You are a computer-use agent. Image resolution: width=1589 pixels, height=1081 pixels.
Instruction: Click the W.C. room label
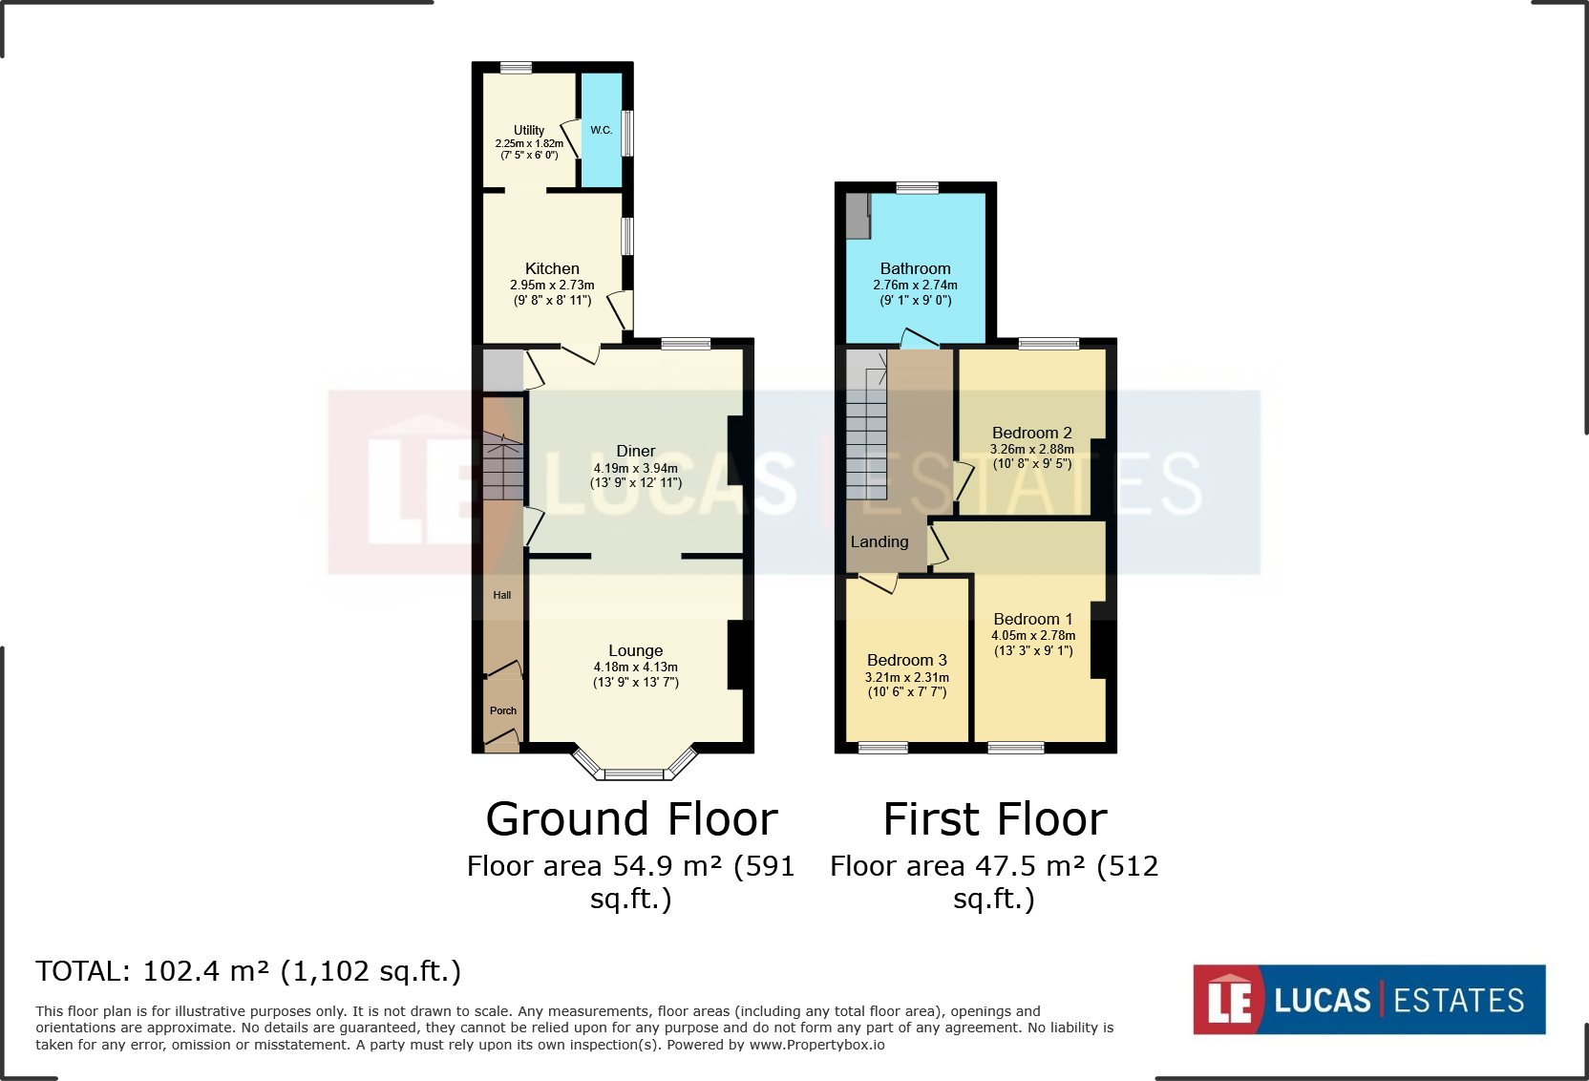click(601, 130)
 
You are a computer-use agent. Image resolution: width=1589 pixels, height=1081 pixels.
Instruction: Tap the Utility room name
click(529, 130)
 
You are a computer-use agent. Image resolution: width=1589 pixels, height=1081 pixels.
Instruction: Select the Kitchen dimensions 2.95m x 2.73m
click(552, 285)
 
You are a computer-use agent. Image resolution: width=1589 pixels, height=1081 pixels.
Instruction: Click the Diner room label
click(636, 451)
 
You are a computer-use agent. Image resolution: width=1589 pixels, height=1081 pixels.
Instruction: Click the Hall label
click(502, 595)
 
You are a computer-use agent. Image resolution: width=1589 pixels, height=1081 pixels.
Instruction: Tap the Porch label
click(503, 710)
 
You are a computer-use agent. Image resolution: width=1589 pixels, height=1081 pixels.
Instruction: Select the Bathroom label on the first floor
click(915, 268)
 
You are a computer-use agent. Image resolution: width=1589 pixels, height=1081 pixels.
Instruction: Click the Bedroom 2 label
click(1031, 433)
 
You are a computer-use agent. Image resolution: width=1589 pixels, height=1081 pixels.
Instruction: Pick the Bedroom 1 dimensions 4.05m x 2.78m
click(1033, 635)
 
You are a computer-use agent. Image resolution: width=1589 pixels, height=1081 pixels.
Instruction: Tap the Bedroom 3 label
click(907, 660)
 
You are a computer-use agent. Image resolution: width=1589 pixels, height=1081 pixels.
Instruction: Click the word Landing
click(879, 541)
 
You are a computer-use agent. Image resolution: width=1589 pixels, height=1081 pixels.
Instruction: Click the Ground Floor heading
click(631, 818)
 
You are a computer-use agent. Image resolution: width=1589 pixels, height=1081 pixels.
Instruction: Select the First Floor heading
click(994, 818)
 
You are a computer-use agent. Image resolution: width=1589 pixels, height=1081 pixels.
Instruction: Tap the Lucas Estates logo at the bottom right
click(1368, 999)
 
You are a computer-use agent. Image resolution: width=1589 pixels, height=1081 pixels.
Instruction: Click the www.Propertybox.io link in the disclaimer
click(816, 1045)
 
